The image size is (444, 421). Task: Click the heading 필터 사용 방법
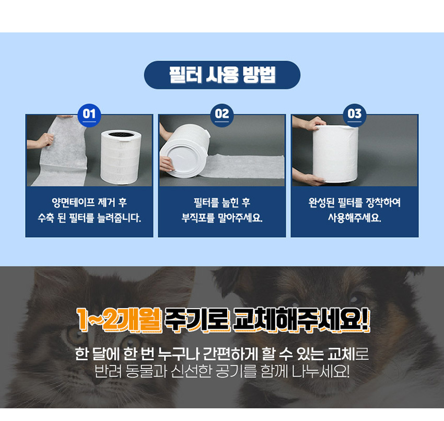tap(223, 75)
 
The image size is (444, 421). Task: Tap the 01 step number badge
tap(89, 115)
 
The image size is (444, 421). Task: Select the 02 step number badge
tap(221, 115)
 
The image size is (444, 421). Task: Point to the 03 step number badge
tap(355, 115)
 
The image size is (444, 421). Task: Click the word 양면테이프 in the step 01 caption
tap(73, 202)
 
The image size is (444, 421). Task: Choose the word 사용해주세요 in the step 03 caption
tap(355, 217)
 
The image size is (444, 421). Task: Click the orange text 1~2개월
tap(119, 320)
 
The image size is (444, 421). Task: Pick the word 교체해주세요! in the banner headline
tap(302, 320)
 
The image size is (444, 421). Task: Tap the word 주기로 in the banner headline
tap(197, 320)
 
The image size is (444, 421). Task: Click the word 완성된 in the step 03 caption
tap(321, 202)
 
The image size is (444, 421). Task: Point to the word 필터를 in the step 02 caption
tap(206, 202)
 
